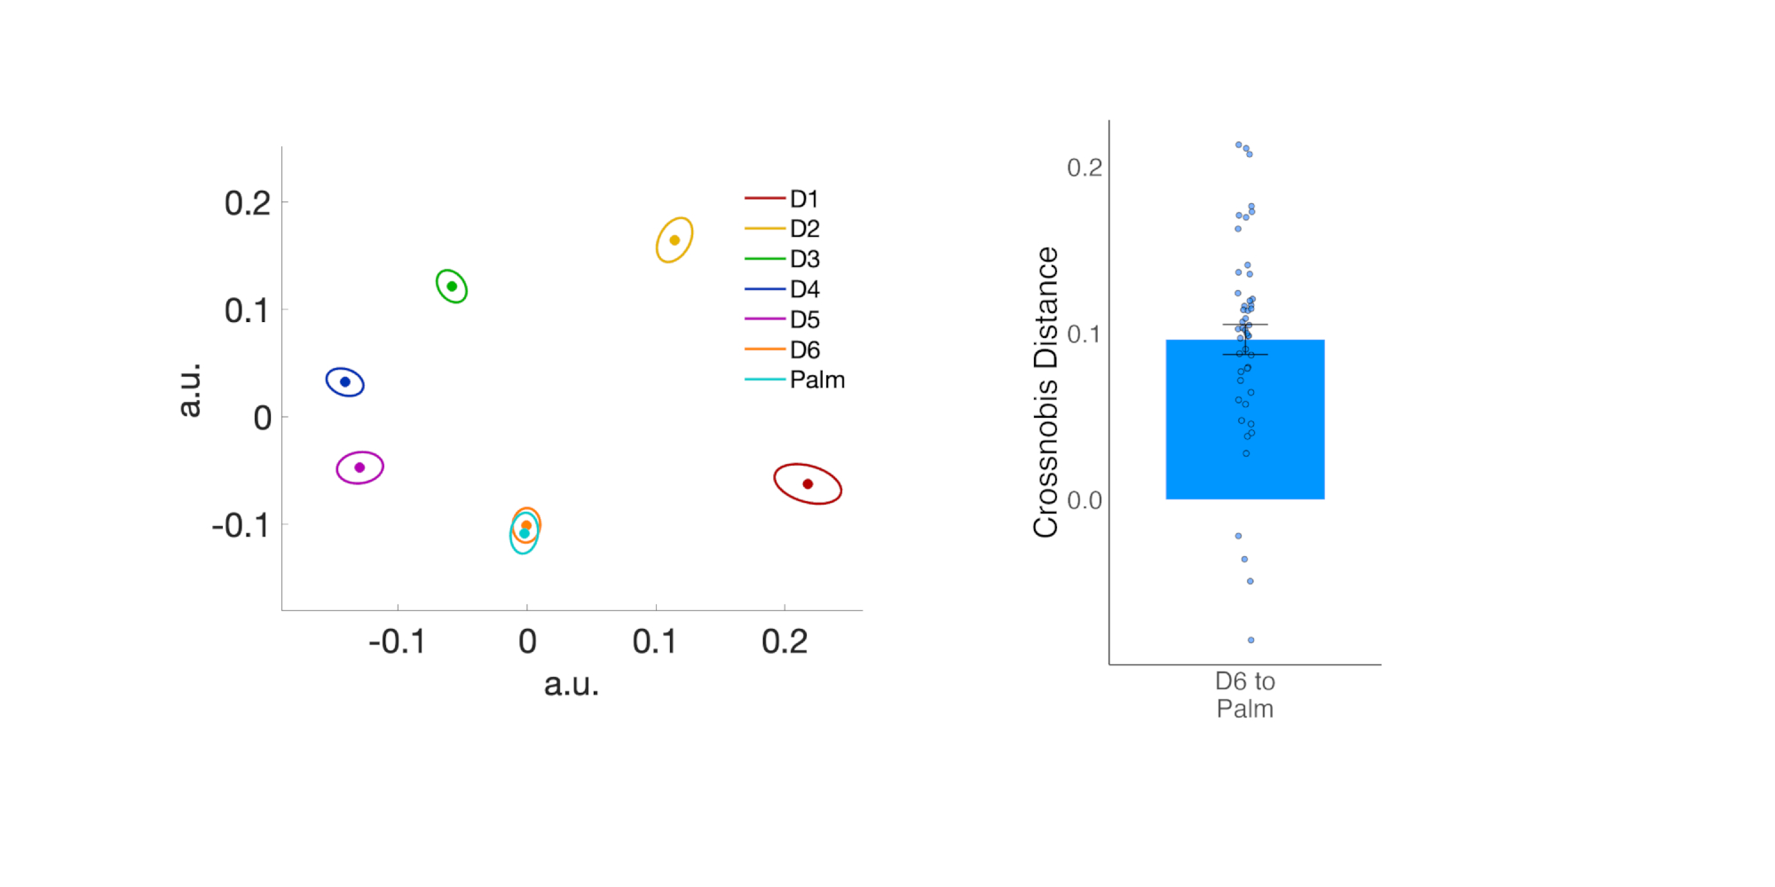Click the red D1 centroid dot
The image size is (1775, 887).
pyautogui.click(x=808, y=483)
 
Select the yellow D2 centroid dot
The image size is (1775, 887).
pyautogui.click(x=674, y=240)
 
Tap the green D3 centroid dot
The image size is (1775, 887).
pyautogui.click(x=452, y=287)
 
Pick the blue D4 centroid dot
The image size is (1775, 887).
pyautogui.click(x=345, y=382)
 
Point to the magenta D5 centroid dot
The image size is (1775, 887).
pyautogui.click(x=359, y=467)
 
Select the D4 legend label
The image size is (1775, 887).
pyautogui.click(x=804, y=289)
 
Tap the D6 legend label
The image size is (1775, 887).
pyautogui.click(x=804, y=349)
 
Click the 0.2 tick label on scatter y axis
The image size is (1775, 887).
pyautogui.click(x=247, y=203)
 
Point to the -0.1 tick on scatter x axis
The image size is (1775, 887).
pyautogui.click(x=397, y=641)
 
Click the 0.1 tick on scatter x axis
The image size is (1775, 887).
pyautogui.click(x=654, y=641)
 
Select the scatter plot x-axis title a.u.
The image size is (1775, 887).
pyautogui.click(x=572, y=684)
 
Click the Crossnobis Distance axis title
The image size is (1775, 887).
pyautogui.click(x=1046, y=392)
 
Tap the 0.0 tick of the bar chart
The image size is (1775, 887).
pyautogui.click(x=1085, y=500)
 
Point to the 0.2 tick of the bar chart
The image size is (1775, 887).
pyautogui.click(x=1085, y=168)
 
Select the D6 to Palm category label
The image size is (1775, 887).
pyautogui.click(x=1244, y=695)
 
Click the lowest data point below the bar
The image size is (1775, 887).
pyautogui.click(x=1251, y=640)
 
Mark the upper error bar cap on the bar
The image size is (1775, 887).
pyautogui.click(x=1244, y=325)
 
